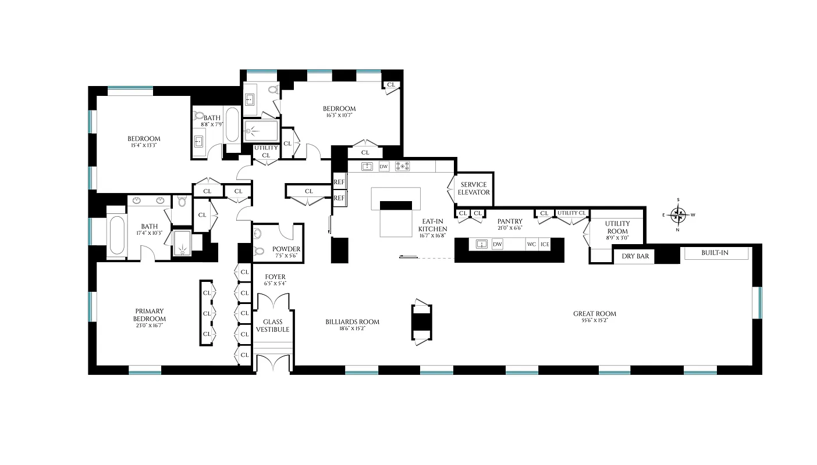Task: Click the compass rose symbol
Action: [679, 215]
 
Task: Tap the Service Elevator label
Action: [474, 188]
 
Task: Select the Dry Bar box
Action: [635, 256]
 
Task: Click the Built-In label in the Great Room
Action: [715, 253]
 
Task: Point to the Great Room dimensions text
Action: [594, 321]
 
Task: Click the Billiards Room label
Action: [353, 321]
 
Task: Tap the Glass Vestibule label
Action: [272, 325]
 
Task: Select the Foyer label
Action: [275, 277]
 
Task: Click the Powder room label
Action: [286, 249]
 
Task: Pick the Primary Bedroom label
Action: [150, 314]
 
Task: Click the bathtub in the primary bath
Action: [116, 235]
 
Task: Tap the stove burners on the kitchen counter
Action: [402, 166]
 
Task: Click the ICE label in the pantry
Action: [545, 244]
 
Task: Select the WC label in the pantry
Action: [531, 244]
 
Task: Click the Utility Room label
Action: [617, 227]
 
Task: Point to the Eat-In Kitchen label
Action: [432, 225]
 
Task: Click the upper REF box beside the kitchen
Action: [339, 182]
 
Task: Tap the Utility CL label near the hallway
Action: [266, 152]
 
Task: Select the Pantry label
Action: [510, 221]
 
